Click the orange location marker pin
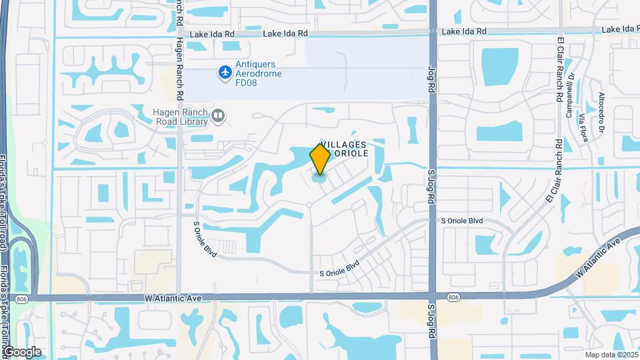tap(320, 159)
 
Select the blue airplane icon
tap(225, 71)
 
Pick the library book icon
tap(217, 117)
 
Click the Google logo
tap(21, 352)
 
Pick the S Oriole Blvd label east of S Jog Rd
tap(461, 221)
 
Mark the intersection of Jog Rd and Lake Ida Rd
tap(433, 31)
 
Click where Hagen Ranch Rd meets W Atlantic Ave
tap(179, 297)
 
